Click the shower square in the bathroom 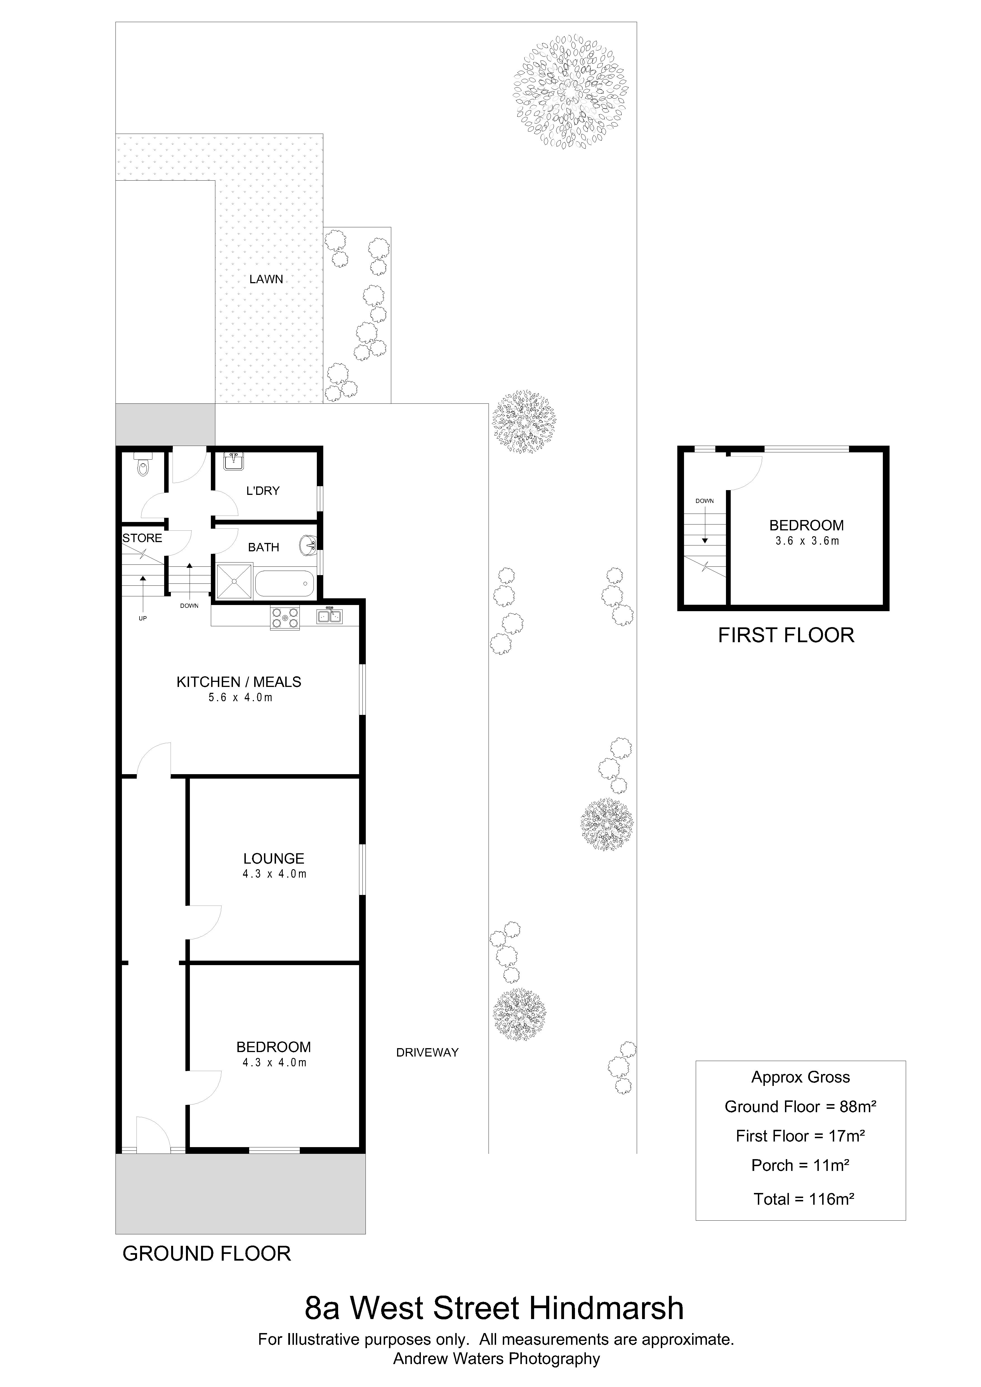[234, 581]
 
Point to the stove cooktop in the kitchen [285, 618]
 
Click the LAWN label [267, 279]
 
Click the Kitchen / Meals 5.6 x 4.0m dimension [240, 698]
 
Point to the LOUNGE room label [274, 858]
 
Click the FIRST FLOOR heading [786, 635]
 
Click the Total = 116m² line [803, 1199]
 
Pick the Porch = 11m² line [800, 1165]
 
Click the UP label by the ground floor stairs [143, 619]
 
